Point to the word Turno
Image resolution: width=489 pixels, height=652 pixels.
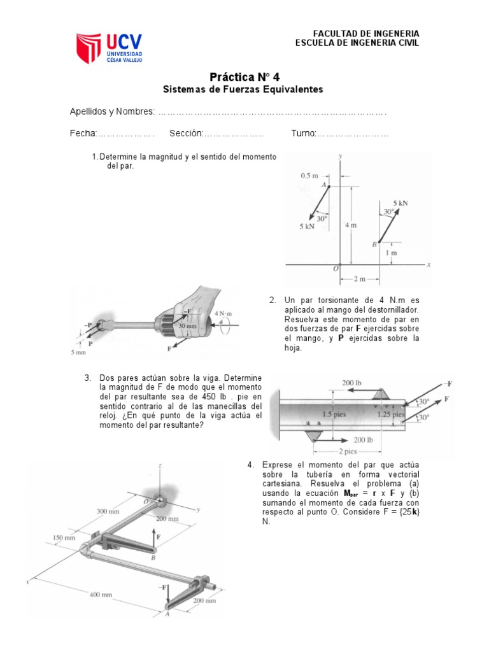click(303, 134)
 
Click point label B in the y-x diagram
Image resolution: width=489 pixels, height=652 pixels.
click(374, 244)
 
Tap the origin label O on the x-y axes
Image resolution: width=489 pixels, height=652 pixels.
click(336, 268)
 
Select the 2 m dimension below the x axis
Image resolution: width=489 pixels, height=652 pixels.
click(359, 278)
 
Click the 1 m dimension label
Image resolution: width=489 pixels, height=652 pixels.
click(393, 253)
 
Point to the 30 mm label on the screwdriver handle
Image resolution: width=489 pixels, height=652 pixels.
click(188, 325)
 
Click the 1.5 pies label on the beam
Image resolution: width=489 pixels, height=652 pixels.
click(334, 413)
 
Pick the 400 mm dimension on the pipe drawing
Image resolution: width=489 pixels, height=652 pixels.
click(101, 595)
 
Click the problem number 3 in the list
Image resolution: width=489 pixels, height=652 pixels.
click(88, 378)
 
